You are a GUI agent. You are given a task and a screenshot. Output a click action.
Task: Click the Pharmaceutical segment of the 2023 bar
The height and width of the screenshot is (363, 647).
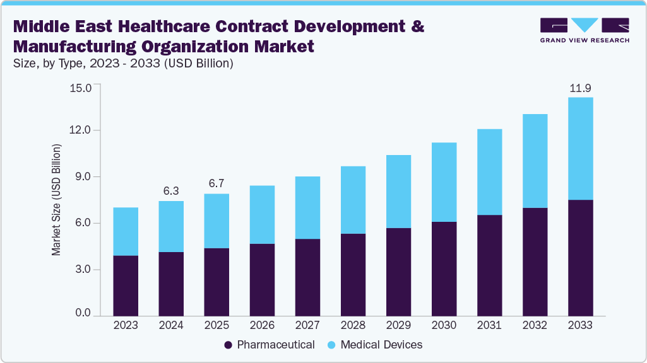[126, 285]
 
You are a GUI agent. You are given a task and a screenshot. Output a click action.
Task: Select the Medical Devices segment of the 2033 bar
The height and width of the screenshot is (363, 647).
[580, 148]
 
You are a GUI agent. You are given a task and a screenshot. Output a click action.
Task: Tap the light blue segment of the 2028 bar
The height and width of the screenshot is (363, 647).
[353, 200]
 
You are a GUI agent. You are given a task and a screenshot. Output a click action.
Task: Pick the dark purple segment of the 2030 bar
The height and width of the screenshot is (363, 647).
[444, 268]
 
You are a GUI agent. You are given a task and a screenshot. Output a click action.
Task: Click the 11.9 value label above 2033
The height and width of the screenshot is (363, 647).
[580, 88]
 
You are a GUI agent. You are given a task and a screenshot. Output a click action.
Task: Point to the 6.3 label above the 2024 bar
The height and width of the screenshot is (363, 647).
[171, 190]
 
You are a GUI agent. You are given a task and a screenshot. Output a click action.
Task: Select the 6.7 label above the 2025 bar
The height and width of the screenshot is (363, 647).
[217, 183]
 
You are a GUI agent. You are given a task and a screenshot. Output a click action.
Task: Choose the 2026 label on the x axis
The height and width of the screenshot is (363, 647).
[262, 325]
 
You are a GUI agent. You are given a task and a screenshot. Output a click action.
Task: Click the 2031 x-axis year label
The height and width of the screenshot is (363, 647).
[489, 325]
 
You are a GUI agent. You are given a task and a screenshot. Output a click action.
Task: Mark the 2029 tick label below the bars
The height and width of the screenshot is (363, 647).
[398, 325]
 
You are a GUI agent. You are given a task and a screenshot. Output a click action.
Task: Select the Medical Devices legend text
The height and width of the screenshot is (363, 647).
[381, 345]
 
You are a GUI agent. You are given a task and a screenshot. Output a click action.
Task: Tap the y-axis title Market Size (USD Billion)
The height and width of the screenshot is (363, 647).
[57, 200]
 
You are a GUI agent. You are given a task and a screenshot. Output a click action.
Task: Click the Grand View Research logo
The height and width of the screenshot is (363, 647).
[585, 30]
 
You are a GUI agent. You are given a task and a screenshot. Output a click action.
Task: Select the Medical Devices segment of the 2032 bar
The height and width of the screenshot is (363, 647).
[535, 161]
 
